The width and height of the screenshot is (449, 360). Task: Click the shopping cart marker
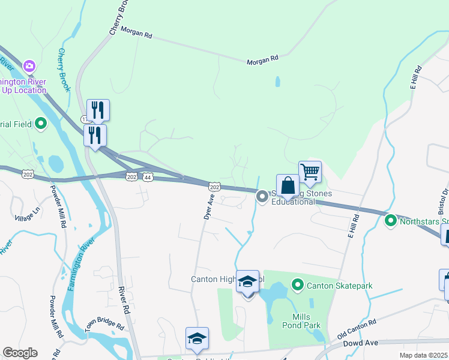pyautogui.click(x=310, y=172)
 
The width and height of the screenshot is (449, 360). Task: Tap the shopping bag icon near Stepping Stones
pyautogui.click(x=288, y=185)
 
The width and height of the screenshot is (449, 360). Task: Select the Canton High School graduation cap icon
pyautogui.click(x=247, y=282)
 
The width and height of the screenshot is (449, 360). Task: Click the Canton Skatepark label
pyautogui.click(x=340, y=286)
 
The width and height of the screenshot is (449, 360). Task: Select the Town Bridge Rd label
pyautogui.click(x=104, y=323)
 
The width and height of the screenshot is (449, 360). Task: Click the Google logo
pyautogui.click(x=20, y=353)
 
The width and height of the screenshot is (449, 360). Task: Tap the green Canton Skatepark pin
pyautogui.click(x=297, y=284)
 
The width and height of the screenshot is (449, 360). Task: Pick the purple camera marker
pyautogui.click(x=29, y=65)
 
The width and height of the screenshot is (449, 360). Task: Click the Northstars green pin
pyautogui.click(x=391, y=221)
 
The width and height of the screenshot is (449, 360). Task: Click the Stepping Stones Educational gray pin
pyautogui.click(x=262, y=196)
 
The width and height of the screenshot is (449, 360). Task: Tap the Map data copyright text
pyautogui.click(x=423, y=355)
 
